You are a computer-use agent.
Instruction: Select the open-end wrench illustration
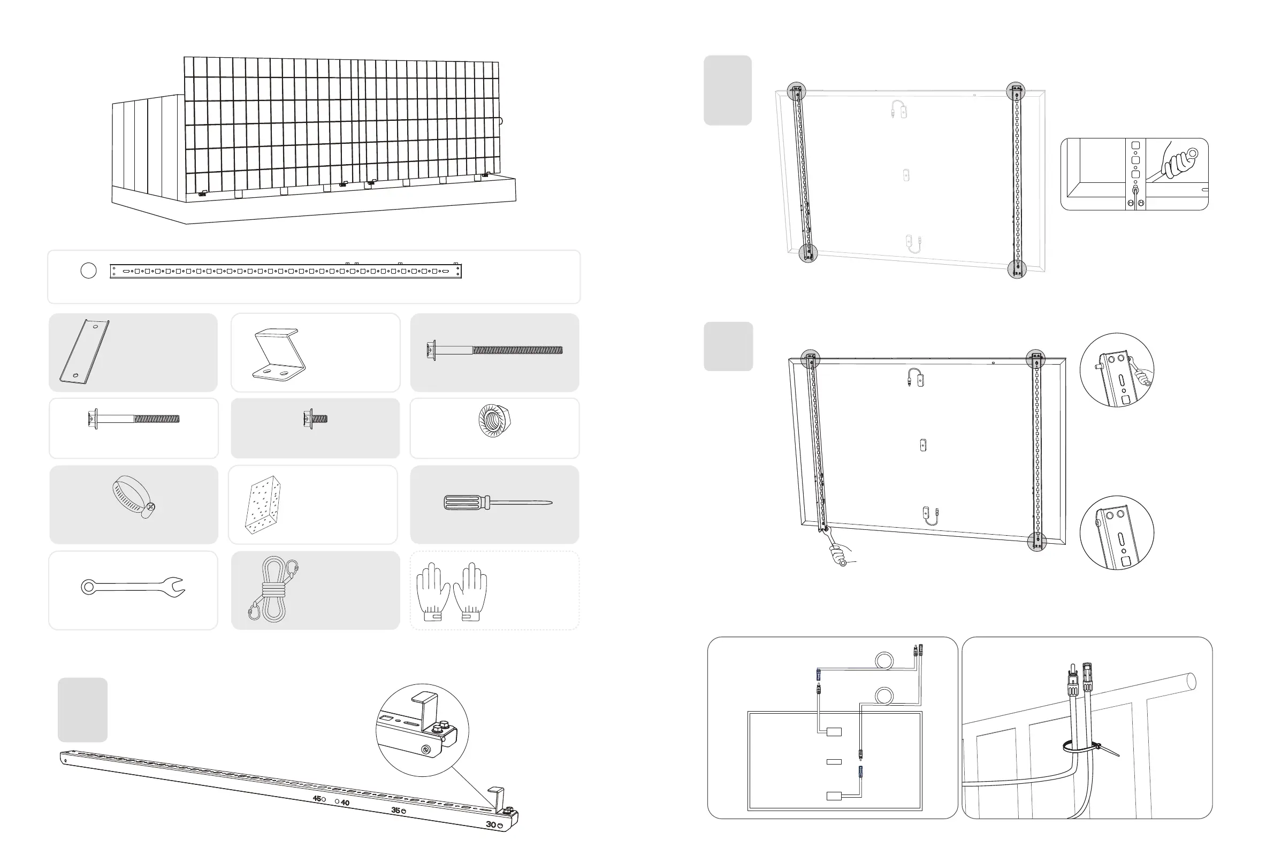133,588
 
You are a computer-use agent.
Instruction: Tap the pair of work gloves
451,592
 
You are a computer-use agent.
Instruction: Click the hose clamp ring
134,496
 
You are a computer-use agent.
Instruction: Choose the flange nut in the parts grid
494,421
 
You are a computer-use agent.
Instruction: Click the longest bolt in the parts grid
494,350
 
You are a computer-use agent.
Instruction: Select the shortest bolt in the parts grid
315,419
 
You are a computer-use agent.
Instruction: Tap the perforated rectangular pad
263,504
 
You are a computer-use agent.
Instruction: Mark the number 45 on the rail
316,798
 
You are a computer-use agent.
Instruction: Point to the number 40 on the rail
345,803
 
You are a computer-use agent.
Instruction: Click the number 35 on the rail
395,811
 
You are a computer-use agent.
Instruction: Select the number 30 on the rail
491,824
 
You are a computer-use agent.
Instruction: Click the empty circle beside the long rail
88,271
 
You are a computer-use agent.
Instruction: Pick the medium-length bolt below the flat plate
133,419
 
